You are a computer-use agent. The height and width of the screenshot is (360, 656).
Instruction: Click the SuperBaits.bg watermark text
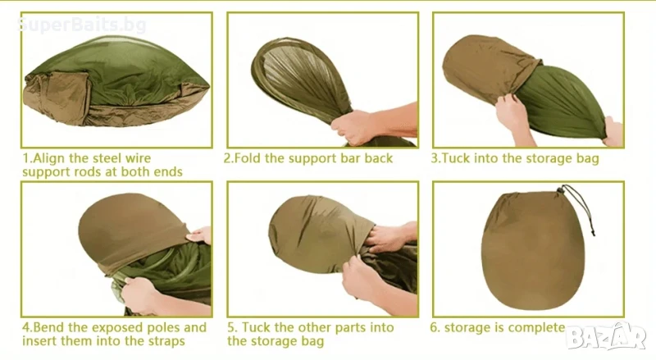(x=83, y=25)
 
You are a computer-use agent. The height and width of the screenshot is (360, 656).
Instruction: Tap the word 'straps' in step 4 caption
(x=166, y=341)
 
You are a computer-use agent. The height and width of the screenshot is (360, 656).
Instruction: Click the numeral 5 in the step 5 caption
(x=231, y=327)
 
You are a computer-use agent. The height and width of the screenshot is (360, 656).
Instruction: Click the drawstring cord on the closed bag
(x=581, y=208)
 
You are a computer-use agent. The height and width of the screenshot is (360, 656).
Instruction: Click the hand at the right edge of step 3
(x=613, y=132)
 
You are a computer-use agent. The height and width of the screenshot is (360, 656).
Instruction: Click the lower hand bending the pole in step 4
(x=142, y=293)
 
